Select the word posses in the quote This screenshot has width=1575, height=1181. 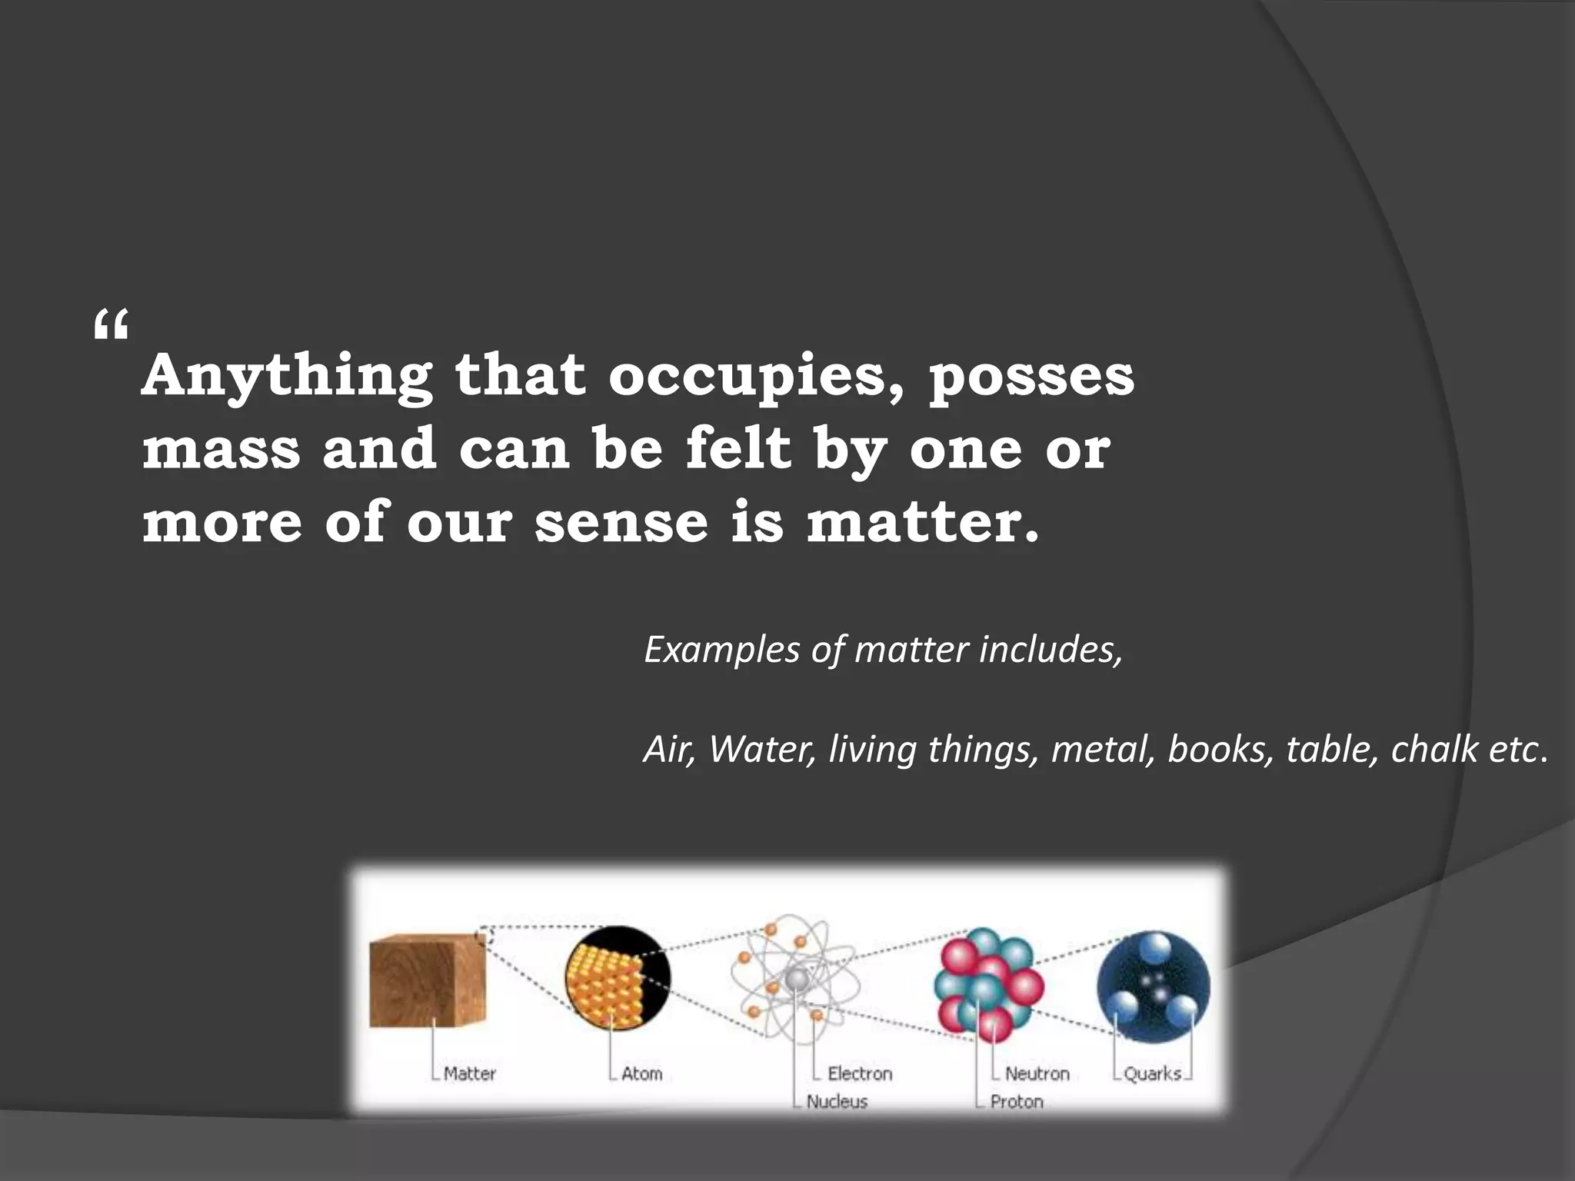tap(1031, 376)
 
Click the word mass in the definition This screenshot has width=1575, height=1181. tap(221, 449)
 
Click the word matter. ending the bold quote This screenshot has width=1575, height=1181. tap(923, 522)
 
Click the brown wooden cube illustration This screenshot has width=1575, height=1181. tap(427, 980)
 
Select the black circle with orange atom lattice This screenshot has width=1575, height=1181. tap(617, 977)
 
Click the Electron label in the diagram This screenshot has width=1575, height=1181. tap(860, 1073)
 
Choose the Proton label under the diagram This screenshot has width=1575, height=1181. tap(1017, 1102)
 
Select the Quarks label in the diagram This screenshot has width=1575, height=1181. tap(1152, 1073)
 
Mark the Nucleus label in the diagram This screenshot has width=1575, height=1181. tap(837, 1102)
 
